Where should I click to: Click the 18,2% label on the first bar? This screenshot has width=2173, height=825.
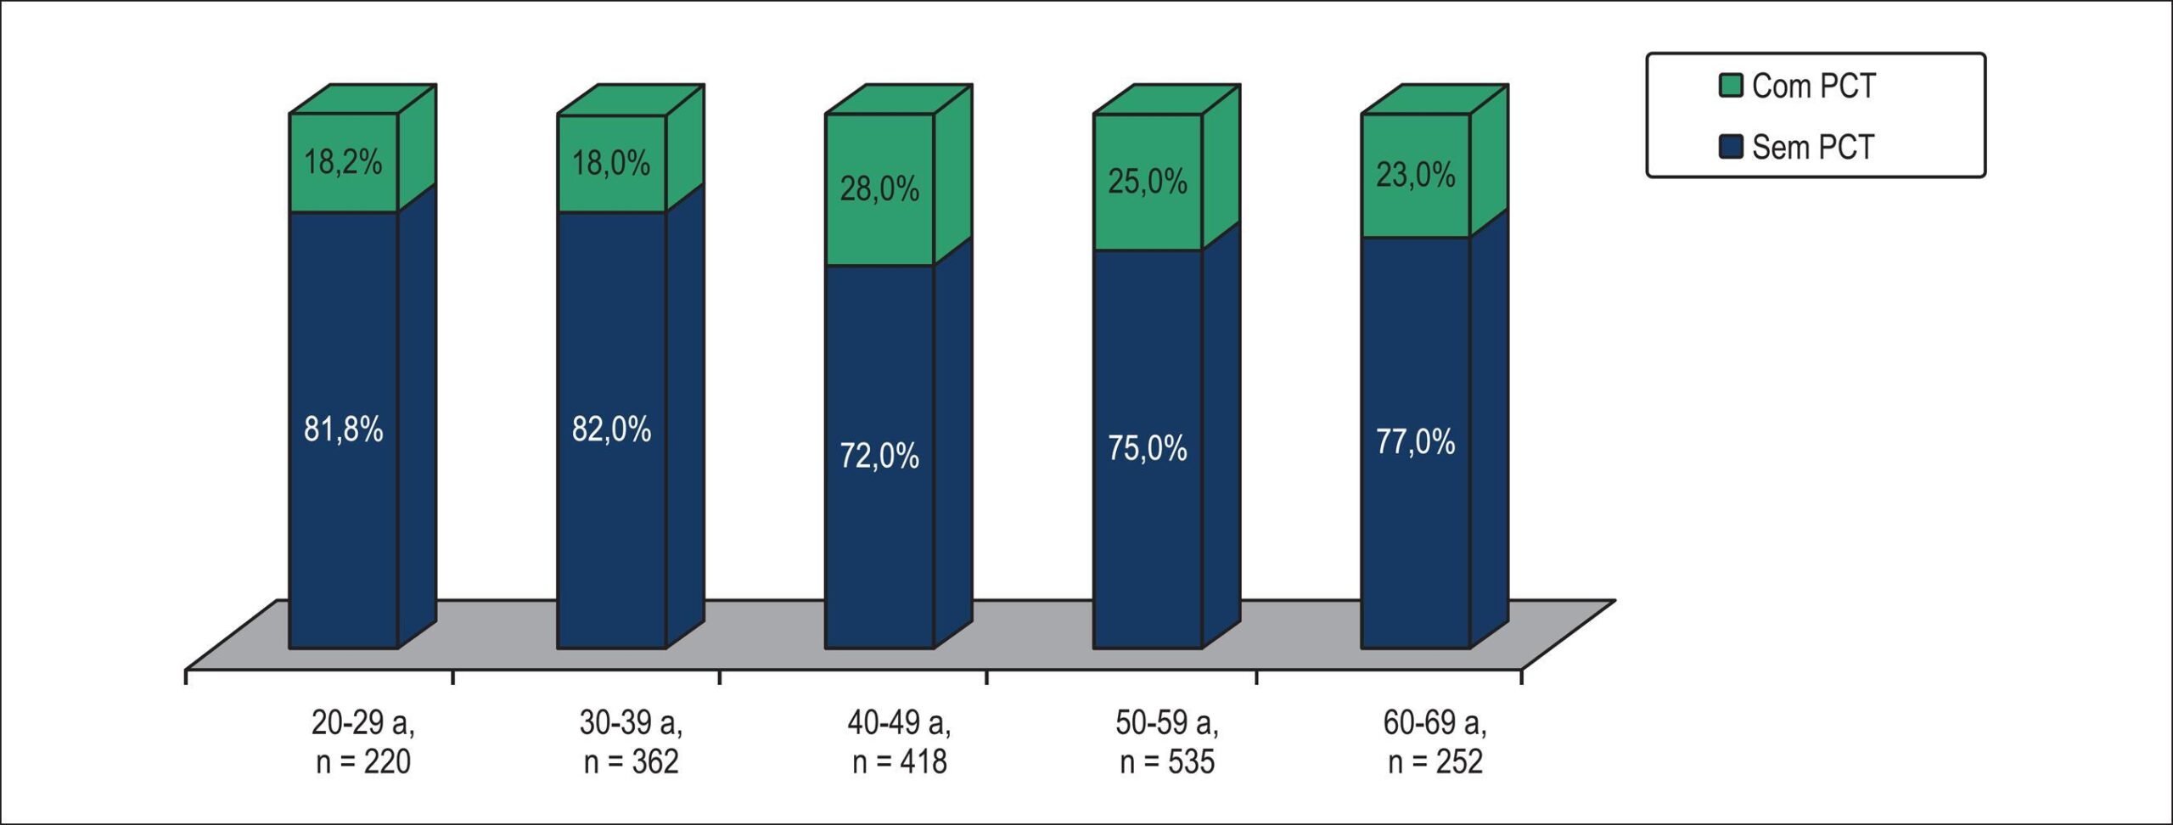click(343, 161)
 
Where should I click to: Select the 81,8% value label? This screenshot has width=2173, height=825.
click(343, 429)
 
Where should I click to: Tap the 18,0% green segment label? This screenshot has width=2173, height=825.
click(611, 162)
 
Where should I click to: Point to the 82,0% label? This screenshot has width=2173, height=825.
click(611, 429)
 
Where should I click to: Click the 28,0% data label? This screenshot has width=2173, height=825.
click(879, 188)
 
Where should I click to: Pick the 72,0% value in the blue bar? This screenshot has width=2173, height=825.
click(879, 456)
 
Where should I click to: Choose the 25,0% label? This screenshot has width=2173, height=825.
click(1148, 182)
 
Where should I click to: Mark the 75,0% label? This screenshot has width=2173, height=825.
click(1148, 448)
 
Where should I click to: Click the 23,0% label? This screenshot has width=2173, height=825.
click(1416, 175)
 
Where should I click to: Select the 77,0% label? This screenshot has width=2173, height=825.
click(1416, 442)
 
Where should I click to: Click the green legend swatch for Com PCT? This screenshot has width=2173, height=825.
click(1731, 86)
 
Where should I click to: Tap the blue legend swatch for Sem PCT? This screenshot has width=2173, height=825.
click(1731, 147)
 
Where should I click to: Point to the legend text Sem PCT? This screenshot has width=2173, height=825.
click(1813, 148)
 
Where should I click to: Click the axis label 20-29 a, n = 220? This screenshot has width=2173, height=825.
click(363, 742)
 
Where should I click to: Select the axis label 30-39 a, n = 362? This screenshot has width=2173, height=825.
click(631, 742)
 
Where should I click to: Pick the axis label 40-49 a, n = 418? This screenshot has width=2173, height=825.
click(899, 742)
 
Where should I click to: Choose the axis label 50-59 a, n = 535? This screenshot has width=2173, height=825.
click(1167, 742)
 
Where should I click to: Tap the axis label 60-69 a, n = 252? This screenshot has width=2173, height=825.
click(1435, 742)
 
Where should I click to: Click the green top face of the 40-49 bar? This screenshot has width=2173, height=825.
click(899, 99)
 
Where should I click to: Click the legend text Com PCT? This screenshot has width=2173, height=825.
click(1814, 86)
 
